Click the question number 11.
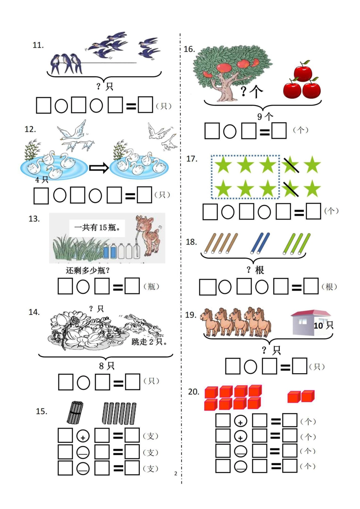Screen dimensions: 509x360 coord(38,45)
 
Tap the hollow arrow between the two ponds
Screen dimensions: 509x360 coord(99,168)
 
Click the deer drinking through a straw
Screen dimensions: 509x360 coord(148,235)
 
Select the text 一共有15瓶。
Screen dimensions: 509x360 coord(97,227)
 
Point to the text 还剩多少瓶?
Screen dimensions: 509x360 coord(88,270)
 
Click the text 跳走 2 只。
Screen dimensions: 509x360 coord(149,342)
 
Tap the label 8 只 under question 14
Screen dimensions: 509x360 coord(106,366)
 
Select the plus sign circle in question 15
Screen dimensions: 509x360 coord(83,436)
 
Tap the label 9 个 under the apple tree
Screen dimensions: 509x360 coord(265,117)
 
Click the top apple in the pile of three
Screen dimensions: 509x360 coord(303,72)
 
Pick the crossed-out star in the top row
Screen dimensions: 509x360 coord(291,165)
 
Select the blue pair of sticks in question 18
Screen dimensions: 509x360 coord(260,243)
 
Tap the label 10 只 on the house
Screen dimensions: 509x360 coord(323,325)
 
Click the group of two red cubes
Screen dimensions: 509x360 coord(301,396)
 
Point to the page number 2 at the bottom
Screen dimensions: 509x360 coord(175,473)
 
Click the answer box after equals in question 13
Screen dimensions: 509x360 coord(132,286)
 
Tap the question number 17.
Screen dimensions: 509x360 coord(192,159)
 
